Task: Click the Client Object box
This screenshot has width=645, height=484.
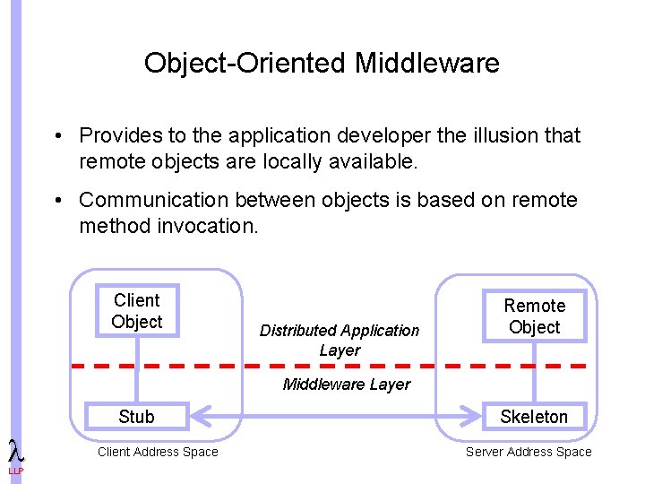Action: pos(137,311)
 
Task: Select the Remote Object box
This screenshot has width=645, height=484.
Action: pos(534,316)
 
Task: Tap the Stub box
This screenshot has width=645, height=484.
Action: pos(136,416)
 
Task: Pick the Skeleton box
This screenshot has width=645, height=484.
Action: pos(534,416)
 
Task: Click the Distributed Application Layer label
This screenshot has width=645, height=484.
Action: pos(340,341)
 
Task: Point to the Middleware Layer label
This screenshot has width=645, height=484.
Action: pos(346,385)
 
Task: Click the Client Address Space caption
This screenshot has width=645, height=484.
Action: pos(158,452)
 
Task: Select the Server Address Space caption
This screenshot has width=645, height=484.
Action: pos(529,452)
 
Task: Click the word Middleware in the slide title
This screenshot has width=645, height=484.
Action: pos(427,64)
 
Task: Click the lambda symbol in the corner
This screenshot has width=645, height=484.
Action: pos(15,451)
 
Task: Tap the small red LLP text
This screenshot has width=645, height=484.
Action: pos(16,471)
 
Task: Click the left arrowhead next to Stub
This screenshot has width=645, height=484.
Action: pos(199,416)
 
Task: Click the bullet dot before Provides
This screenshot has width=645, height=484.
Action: pos(56,136)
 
